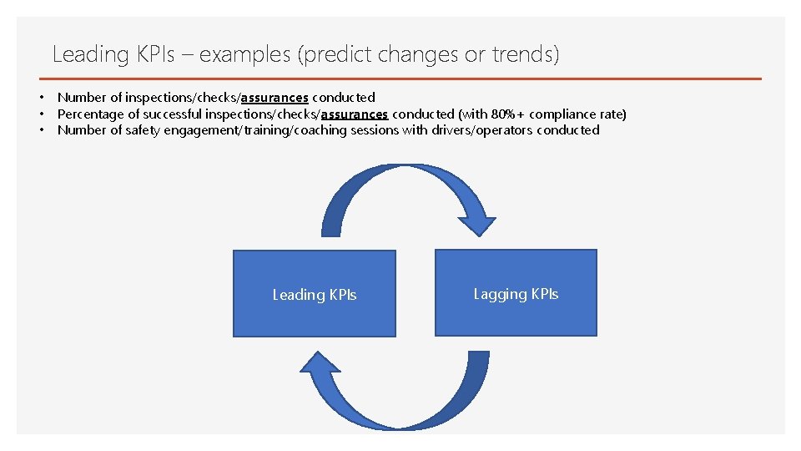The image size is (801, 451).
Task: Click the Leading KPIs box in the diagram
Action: (x=314, y=294)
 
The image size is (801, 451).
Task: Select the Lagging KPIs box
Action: (x=516, y=293)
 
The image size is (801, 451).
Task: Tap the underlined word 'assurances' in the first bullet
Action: (x=275, y=98)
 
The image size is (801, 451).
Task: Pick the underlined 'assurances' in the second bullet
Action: (x=354, y=114)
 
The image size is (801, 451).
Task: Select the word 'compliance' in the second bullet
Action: (x=562, y=114)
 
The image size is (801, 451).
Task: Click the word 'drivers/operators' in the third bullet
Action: (x=482, y=130)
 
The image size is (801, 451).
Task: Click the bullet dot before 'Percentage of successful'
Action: (x=40, y=114)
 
